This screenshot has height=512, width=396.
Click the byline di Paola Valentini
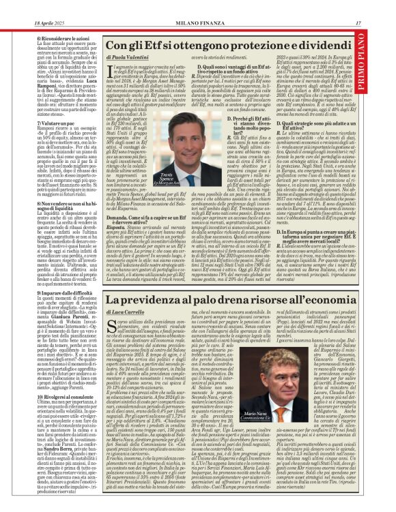click(x=130, y=59)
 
